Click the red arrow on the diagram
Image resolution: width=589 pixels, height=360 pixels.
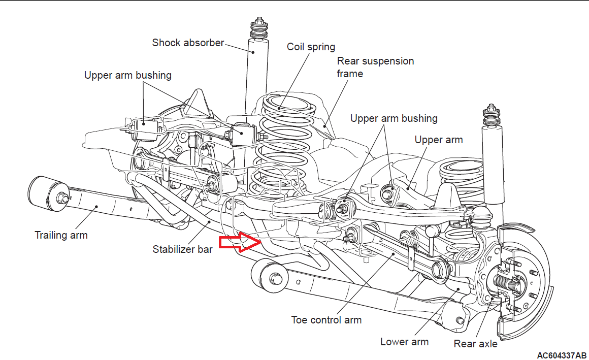pos(239,243)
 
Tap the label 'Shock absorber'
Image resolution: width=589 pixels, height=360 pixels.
pos(188,43)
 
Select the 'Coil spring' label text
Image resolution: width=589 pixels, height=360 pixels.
pos(311,47)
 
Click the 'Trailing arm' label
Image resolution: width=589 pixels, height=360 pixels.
pos(61,235)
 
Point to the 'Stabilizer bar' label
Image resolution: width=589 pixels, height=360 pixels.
pos(182,249)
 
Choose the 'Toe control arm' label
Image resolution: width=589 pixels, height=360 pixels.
pos(326,320)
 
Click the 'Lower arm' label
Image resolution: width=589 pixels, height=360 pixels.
pos(404,341)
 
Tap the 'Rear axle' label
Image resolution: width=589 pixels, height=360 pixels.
pos(475,344)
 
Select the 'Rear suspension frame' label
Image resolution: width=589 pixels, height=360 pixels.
pos(375,67)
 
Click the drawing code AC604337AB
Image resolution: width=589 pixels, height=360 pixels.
pos(562,354)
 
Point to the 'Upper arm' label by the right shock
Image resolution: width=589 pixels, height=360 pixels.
pos(439,140)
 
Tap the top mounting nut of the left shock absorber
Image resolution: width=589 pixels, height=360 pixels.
pos(258,25)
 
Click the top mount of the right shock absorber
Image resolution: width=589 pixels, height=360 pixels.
pos(491,114)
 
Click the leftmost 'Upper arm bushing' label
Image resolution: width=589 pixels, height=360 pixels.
pos(128,76)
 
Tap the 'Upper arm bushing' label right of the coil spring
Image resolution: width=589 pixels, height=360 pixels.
pos(394,118)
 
